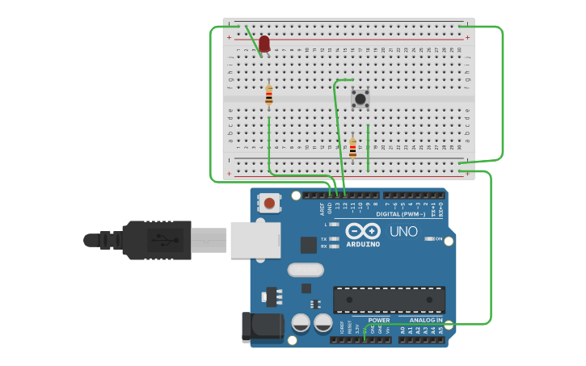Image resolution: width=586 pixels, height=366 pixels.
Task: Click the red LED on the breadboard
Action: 264,43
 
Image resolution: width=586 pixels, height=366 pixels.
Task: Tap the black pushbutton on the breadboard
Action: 360,99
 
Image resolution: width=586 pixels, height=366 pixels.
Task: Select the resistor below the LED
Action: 269,95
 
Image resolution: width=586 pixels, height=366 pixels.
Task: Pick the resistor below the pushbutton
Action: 352,148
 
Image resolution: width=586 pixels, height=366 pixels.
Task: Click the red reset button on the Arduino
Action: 268,203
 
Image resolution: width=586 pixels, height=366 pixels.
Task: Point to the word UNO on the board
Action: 403,232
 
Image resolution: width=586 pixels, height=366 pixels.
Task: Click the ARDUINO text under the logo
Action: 363,244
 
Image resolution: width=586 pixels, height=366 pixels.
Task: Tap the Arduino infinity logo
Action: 363,231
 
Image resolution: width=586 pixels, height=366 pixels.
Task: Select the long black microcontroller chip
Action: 389,299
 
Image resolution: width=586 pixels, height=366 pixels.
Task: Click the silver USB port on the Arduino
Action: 255,240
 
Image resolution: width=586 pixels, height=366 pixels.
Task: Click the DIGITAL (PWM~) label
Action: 402,214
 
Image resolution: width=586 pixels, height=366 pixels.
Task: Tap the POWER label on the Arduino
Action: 379,320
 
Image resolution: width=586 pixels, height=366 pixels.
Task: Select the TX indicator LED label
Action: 324,239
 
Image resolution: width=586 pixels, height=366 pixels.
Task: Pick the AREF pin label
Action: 323,208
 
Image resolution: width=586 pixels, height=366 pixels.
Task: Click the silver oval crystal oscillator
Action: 306,269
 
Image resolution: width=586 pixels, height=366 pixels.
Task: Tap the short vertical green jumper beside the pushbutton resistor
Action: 368,147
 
